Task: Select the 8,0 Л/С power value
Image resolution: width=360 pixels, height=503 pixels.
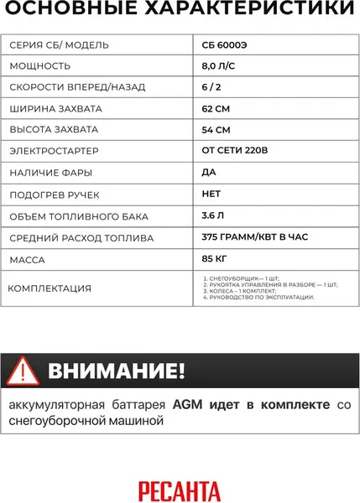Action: [x=218, y=65]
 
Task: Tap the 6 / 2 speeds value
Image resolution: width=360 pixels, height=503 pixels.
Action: [x=211, y=87]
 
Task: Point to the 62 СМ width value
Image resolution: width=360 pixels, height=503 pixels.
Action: [x=216, y=108]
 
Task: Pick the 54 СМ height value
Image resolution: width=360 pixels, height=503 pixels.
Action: [x=216, y=130]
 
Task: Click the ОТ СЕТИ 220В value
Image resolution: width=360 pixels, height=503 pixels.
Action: [x=237, y=152]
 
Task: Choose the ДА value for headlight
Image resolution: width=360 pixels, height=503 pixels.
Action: [x=209, y=173]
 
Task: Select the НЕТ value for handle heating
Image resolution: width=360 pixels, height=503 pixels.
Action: [x=212, y=194]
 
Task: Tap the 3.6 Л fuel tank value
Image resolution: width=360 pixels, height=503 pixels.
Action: [x=213, y=216]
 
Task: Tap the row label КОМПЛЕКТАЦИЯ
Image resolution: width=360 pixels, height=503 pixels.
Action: [x=50, y=289]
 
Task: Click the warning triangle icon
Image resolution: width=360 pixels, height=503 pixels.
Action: [x=23, y=371]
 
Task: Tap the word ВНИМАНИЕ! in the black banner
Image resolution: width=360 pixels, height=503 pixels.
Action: [x=117, y=371]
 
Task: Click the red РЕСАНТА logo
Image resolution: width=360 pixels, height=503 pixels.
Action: [x=180, y=487]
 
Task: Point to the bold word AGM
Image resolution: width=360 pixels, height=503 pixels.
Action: [x=187, y=404]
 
